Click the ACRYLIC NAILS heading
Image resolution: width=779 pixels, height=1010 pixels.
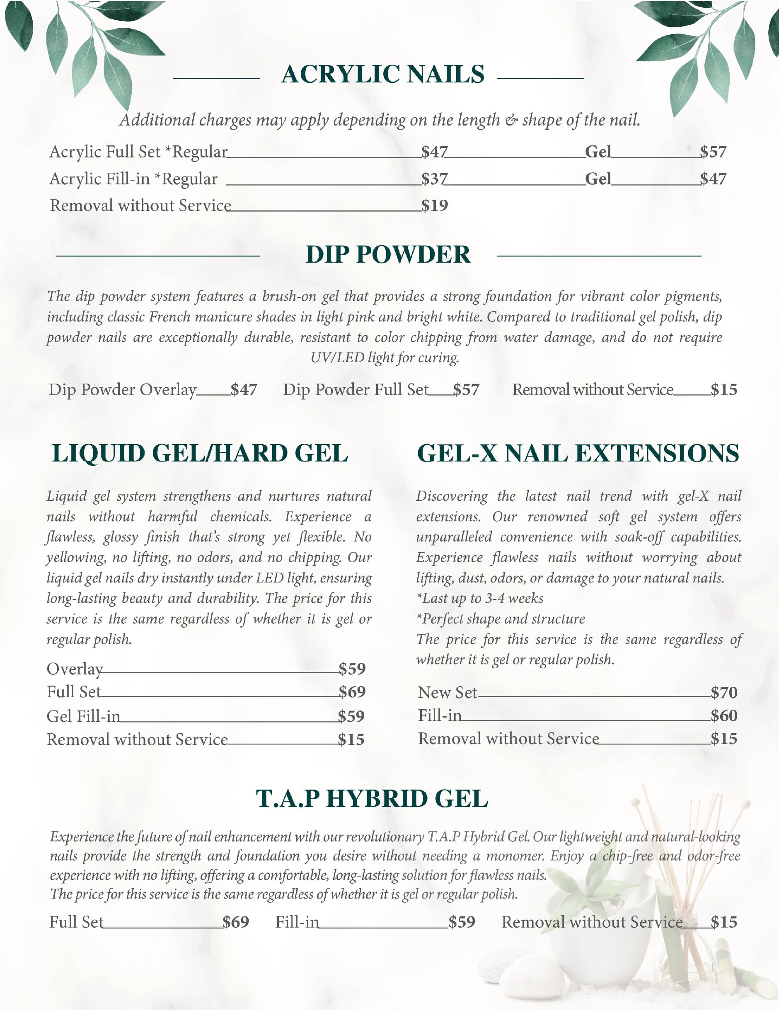point(382,75)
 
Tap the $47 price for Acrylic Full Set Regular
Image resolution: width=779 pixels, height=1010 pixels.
point(434,152)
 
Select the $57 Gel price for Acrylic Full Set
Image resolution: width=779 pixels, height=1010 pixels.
point(713,152)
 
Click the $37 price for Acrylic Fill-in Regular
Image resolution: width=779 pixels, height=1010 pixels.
point(434,179)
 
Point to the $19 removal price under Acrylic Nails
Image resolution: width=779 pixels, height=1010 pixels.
point(434,205)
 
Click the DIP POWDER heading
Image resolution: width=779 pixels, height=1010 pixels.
point(388,255)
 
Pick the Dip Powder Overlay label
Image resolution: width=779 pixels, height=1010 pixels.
point(123,390)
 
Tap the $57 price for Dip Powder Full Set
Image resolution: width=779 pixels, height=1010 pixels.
point(466,390)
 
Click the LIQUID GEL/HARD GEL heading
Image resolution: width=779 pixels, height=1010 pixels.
point(200,453)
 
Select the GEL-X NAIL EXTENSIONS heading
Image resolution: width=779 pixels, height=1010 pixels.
point(578,453)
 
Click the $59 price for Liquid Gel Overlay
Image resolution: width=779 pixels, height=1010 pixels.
point(351,669)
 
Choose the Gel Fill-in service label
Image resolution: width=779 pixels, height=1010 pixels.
point(83,716)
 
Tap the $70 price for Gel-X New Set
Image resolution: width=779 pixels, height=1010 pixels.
point(724,692)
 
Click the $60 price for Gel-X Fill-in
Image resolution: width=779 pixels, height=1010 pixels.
point(724,716)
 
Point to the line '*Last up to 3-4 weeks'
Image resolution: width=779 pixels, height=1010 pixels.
point(480,598)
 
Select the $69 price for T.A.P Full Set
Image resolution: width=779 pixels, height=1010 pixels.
point(235,922)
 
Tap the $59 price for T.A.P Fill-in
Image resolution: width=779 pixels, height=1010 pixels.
point(462,922)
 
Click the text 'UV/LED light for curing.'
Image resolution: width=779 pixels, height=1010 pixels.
point(385,358)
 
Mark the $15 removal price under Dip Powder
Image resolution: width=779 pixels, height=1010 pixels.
point(724,390)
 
